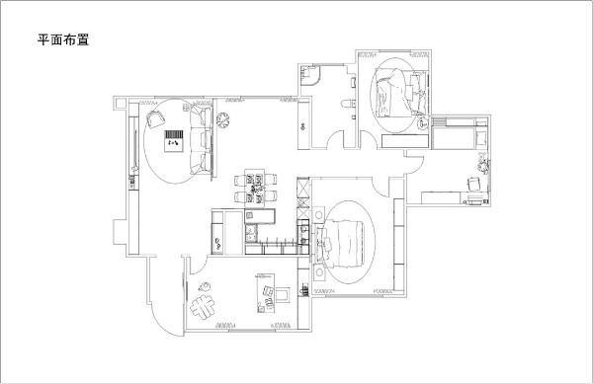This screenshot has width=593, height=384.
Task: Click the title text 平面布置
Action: (63, 39)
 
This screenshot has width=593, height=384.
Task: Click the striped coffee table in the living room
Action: (174, 141)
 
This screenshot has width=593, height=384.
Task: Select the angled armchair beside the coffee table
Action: (155, 119)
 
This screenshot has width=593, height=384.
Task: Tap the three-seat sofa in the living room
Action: (201, 140)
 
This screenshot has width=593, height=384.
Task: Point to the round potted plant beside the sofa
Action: (222, 119)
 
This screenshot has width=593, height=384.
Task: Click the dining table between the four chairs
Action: (255, 188)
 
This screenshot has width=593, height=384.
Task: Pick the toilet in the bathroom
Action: (348, 103)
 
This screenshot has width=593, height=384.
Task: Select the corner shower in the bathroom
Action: (310, 75)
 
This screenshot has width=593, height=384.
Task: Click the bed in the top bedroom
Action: (397, 94)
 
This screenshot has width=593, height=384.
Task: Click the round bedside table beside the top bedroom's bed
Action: (423, 122)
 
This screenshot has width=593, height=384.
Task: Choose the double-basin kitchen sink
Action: (251, 234)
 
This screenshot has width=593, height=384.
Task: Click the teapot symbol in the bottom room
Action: (205, 286)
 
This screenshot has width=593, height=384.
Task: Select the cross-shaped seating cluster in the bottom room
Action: (203, 306)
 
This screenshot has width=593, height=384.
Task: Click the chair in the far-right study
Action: (473, 184)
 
